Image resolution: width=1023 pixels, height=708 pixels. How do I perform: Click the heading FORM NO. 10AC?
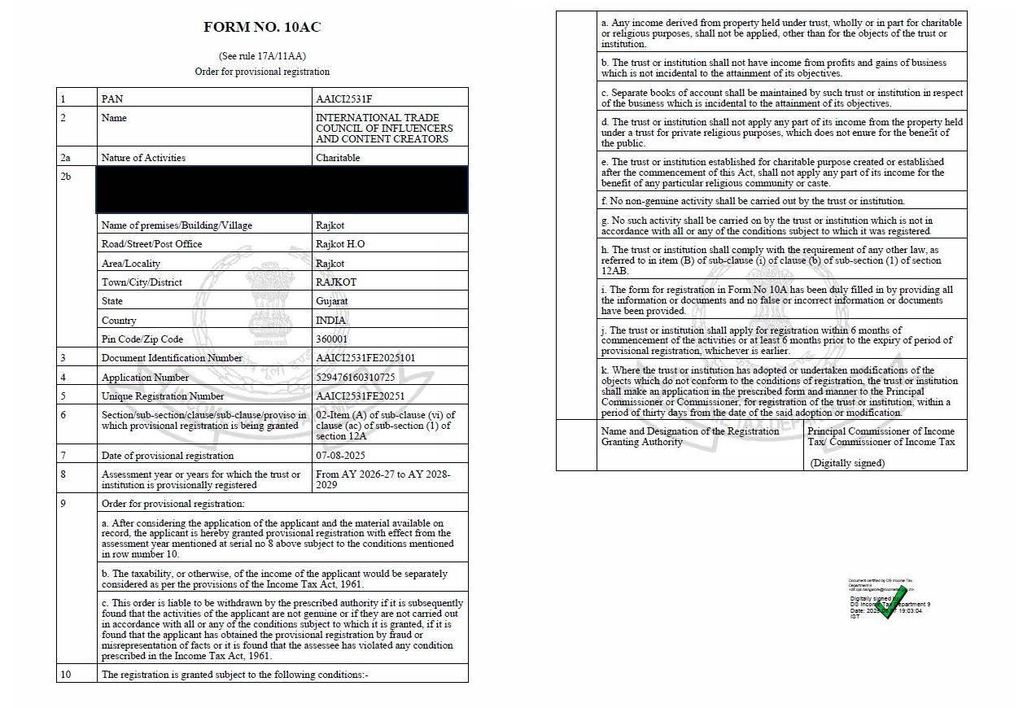point(262,27)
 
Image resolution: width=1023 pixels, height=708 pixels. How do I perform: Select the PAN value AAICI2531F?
point(343,98)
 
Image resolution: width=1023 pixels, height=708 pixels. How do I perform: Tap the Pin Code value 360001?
point(331,339)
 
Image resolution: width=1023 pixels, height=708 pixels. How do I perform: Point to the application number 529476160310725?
point(355,378)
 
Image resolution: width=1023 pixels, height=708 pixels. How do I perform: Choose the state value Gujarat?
point(332,301)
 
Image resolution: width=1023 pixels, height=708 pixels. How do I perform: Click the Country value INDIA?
point(330,321)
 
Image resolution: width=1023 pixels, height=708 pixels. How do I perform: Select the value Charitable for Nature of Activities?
point(338,158)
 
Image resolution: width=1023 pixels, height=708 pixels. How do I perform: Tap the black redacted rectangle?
point(282,190)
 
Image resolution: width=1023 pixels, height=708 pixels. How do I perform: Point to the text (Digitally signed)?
point(847,463)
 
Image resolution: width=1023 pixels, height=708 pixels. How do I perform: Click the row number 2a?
point(65,158)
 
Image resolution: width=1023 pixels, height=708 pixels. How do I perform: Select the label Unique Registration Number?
point(163,396)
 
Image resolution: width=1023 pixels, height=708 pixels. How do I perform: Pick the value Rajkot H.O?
point(340,244)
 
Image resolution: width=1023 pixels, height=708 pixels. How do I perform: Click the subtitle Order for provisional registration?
point(262,72)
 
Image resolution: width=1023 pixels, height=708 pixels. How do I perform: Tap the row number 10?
point(66,675)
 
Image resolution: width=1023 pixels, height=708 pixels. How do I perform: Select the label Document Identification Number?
point(172,358)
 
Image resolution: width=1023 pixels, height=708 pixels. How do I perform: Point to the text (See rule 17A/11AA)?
point(262,56)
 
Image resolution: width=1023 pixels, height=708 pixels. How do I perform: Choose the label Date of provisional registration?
point(167,456)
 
